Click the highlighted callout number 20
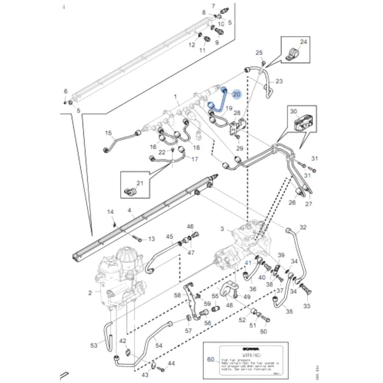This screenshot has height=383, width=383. point(237,94)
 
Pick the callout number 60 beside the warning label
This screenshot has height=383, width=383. point(211,359)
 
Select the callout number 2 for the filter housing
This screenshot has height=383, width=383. point(90,293)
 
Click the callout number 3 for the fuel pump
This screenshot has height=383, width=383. point(223,229)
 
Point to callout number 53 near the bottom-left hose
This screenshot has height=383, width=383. point(93,345)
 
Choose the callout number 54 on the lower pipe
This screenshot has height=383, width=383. point(158,345)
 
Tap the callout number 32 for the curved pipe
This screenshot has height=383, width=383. point(303,227)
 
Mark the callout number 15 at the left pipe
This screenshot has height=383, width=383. point(109,133)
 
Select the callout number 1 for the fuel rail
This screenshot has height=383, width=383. point(175,96)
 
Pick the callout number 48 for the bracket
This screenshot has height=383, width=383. point(229,305)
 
